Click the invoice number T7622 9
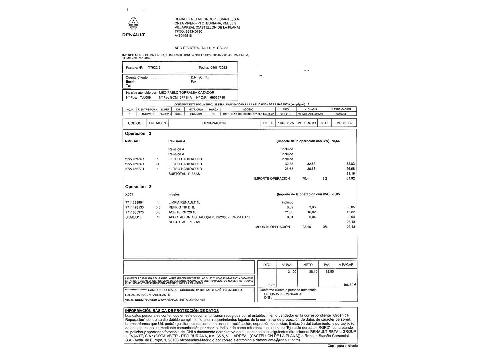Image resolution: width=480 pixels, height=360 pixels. (x=154, y=67)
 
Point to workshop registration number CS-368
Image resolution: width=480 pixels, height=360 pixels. (x=223, y=48)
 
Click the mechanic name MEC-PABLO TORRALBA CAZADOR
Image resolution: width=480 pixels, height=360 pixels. (x=186, y=93)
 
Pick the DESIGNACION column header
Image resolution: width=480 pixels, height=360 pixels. (x=214, y=123)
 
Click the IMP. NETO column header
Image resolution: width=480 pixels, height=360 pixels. (x=344, y=123)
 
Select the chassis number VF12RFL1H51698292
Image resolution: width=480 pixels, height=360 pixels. (x=310, y=114)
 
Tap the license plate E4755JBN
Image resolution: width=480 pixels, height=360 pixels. (x=196, y=114)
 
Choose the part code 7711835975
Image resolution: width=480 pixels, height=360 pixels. (x=134, y=212)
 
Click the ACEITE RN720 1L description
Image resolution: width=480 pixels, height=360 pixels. (x=182, y=212)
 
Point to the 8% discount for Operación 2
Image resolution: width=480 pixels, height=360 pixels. (x=325, y=179)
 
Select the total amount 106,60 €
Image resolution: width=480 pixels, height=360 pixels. (x=350, y=285)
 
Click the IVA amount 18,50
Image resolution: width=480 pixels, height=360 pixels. (x=329, y=272)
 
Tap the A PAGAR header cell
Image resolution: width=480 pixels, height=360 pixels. (x=346, y=265)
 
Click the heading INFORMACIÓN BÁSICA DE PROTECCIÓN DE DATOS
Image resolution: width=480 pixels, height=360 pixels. (x=172, y=311)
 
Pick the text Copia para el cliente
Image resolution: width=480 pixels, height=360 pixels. (x=342, y=346)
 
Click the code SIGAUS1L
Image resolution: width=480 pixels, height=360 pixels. (x=133, y=217)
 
